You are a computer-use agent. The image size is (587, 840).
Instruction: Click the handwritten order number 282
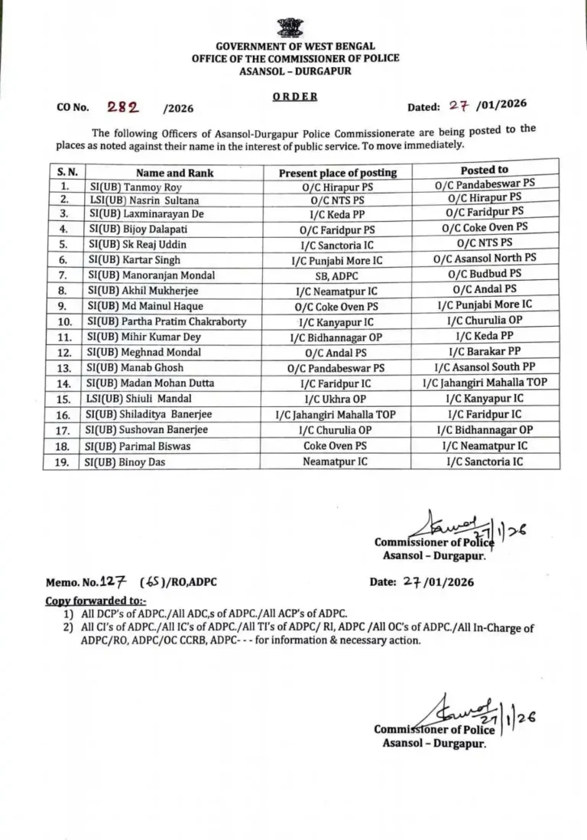point(124,108)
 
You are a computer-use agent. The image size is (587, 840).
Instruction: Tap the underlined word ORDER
point(295,97)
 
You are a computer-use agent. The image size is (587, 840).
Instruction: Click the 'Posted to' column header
point(484,170)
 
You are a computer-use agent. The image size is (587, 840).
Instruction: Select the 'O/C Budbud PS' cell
point(487,272)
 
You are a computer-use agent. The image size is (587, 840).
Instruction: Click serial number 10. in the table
point(65,322)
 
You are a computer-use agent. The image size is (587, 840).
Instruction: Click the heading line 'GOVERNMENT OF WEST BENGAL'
point(295,47)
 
